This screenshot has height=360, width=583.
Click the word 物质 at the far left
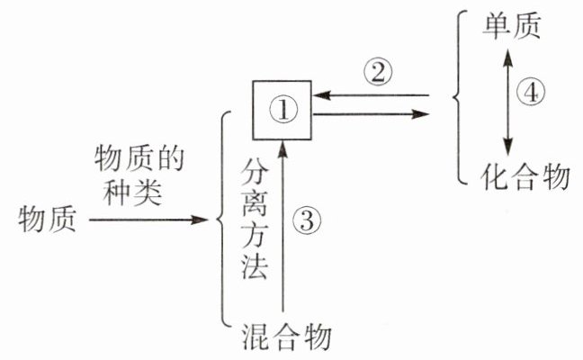coord(48,217)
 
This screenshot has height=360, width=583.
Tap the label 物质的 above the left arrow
coord(139,159)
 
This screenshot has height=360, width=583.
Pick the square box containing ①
coord(283,109)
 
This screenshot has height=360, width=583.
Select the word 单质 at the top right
coord(513,26)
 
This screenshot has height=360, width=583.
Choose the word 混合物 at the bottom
coord(288,337)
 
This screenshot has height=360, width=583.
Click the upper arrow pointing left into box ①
coord(369,94)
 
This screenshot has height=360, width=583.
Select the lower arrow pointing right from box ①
coord(369,114)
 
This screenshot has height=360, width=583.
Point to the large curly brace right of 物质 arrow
coord(226,218)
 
